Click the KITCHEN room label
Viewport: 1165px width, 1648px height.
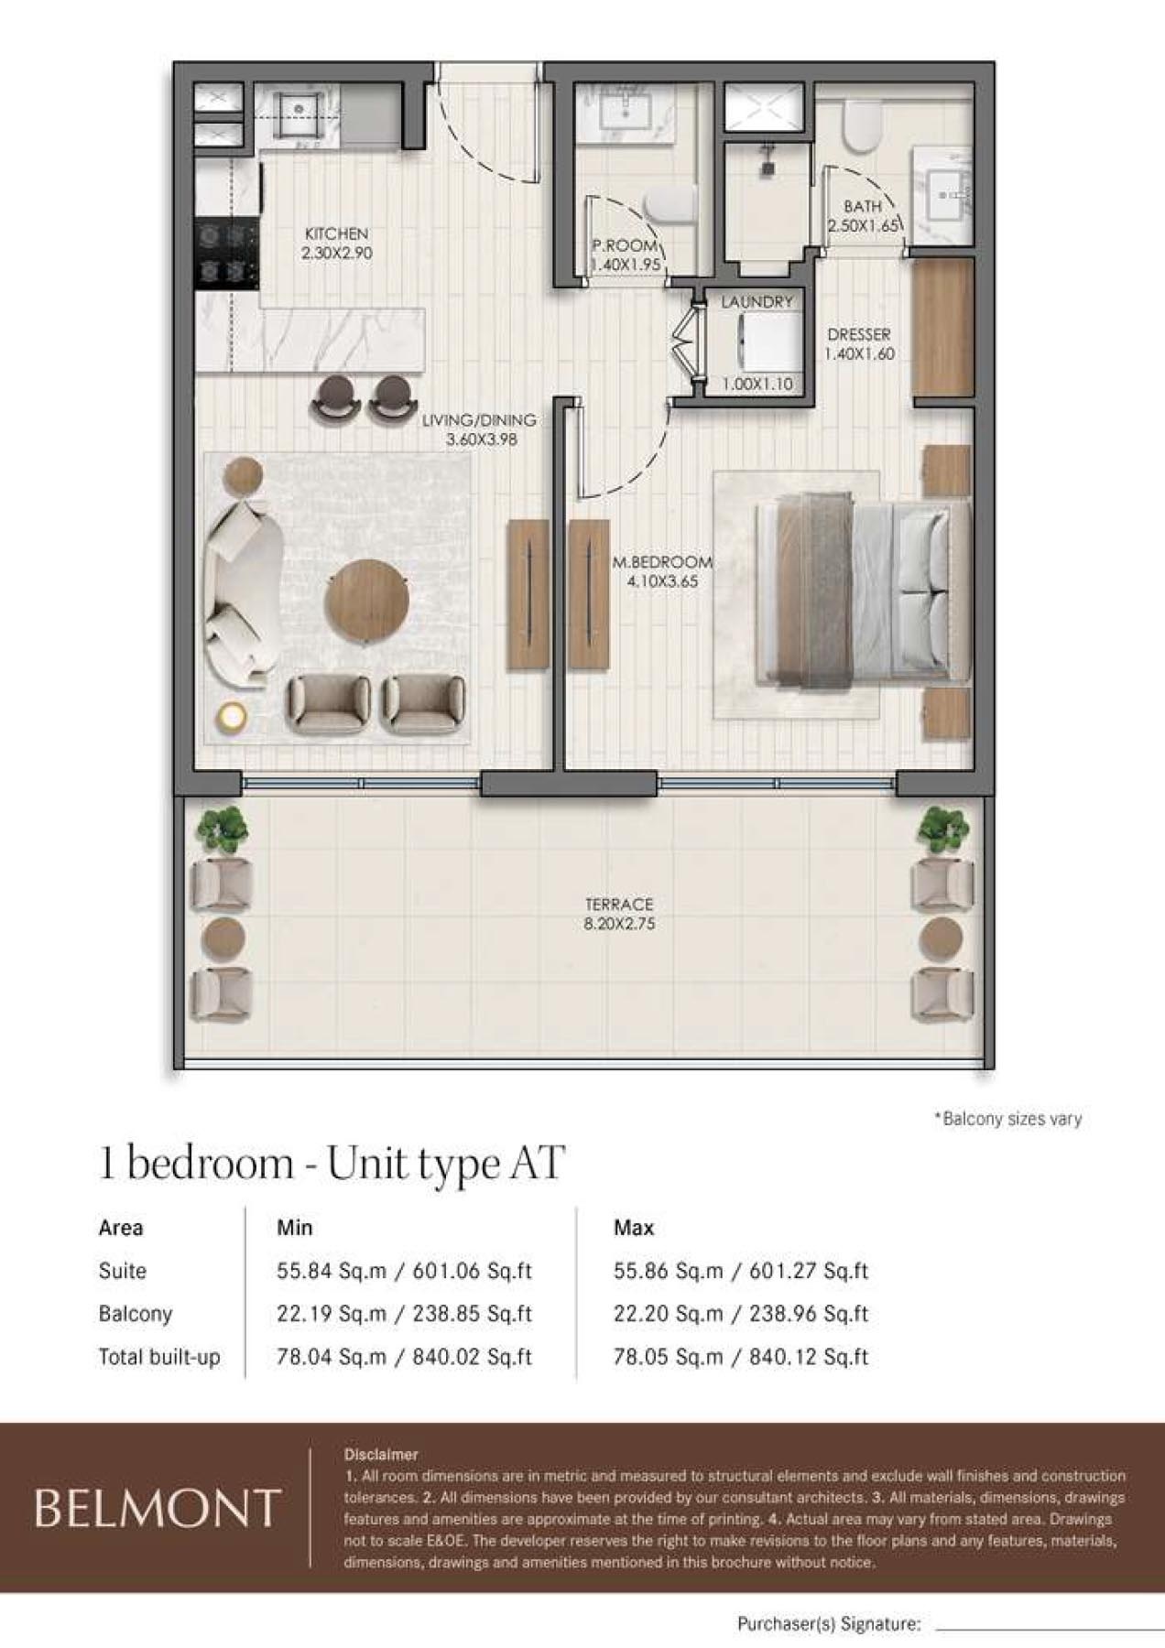[336, 234]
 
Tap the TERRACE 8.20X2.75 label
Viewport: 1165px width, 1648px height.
[619, 914]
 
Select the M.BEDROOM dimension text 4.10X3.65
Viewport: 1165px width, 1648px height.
[662, 581]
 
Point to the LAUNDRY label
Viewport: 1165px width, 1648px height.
[757, 302]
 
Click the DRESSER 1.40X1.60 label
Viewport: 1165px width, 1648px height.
[859, 344]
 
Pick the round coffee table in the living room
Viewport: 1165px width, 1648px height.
[366, 602]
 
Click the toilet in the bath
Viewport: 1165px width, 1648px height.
[861, 125]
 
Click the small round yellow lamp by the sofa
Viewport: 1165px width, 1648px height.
[231, 717]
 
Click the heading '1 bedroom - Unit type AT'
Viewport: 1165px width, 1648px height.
[332, 1164]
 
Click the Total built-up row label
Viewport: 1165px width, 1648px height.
[159, 1357]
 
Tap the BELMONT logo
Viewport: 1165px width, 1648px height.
[157, 1509]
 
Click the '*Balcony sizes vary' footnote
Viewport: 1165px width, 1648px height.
[1007, 1119]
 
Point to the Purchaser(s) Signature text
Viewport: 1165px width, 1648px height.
[828, 1624]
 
